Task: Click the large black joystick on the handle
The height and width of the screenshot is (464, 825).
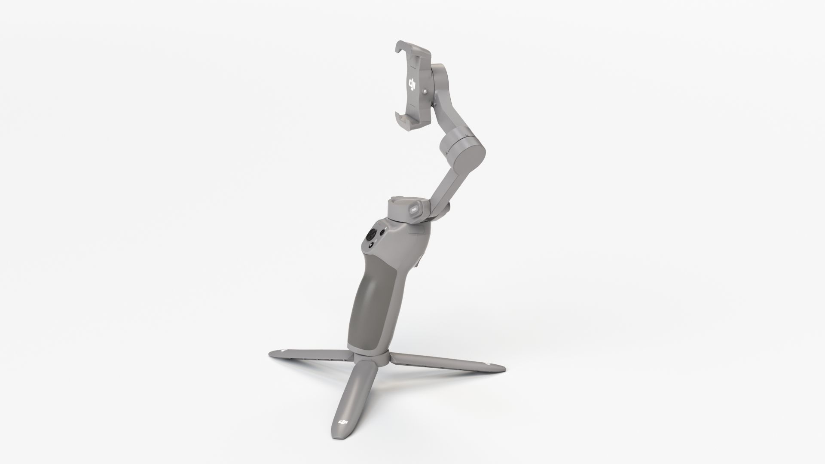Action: (x=370, y=235)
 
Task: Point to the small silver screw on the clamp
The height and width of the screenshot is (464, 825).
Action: (x=425, y=92)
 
